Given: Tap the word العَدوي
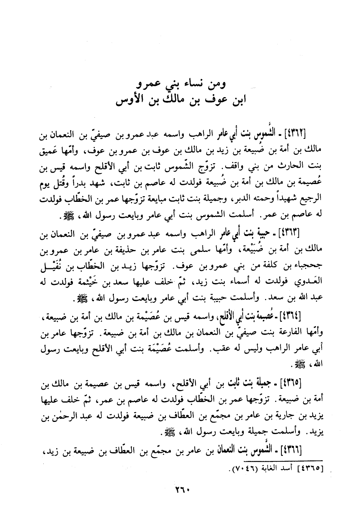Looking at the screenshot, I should coord(308,282).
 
